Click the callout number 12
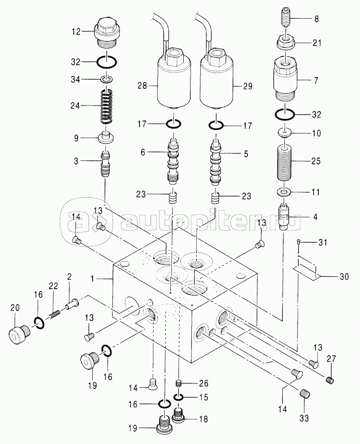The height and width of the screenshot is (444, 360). coord(76,32)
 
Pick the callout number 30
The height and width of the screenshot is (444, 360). coord(344,276)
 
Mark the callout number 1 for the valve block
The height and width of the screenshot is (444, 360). coord(92,279)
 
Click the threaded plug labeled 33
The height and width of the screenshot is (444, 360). coord(305,394)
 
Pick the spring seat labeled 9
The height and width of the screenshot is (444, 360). coord(106,138)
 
